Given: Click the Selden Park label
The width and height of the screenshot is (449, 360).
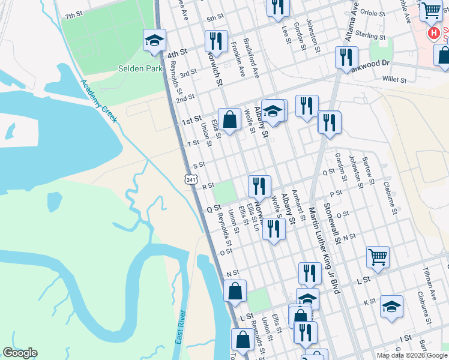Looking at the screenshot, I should tap(141, 69).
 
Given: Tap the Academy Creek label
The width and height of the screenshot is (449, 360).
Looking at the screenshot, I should tap(99, 101).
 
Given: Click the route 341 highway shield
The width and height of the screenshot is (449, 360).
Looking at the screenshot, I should tap(190, 179).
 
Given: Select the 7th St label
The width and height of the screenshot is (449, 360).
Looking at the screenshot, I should tap(74, 15).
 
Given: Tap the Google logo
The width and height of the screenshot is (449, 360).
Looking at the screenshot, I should tap(20, 353).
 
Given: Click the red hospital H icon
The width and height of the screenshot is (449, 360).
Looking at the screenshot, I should tap(430, 33).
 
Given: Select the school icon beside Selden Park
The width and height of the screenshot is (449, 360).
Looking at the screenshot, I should tap(154, 41).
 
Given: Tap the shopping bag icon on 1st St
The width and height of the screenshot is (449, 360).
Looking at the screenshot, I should tap(229, 119).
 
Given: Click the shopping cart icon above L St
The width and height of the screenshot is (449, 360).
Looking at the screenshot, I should tap(378, 257).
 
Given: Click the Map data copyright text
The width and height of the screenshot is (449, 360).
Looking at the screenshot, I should tap(411, 355).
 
